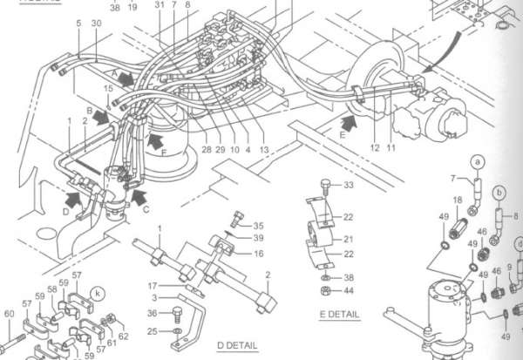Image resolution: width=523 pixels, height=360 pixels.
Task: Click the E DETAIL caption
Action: [339, 313]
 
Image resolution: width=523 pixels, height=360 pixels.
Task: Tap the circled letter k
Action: [98, 293]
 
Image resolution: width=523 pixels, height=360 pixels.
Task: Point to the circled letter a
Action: [477, 161]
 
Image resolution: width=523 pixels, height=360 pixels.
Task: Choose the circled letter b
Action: [499, 191]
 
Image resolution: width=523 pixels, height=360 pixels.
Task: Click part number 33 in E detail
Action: [349, 186]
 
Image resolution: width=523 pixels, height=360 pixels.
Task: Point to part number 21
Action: [349, 237]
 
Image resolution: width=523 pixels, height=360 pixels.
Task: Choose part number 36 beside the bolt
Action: [152, 313]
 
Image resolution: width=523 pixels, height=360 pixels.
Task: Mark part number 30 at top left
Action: [96, 23]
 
